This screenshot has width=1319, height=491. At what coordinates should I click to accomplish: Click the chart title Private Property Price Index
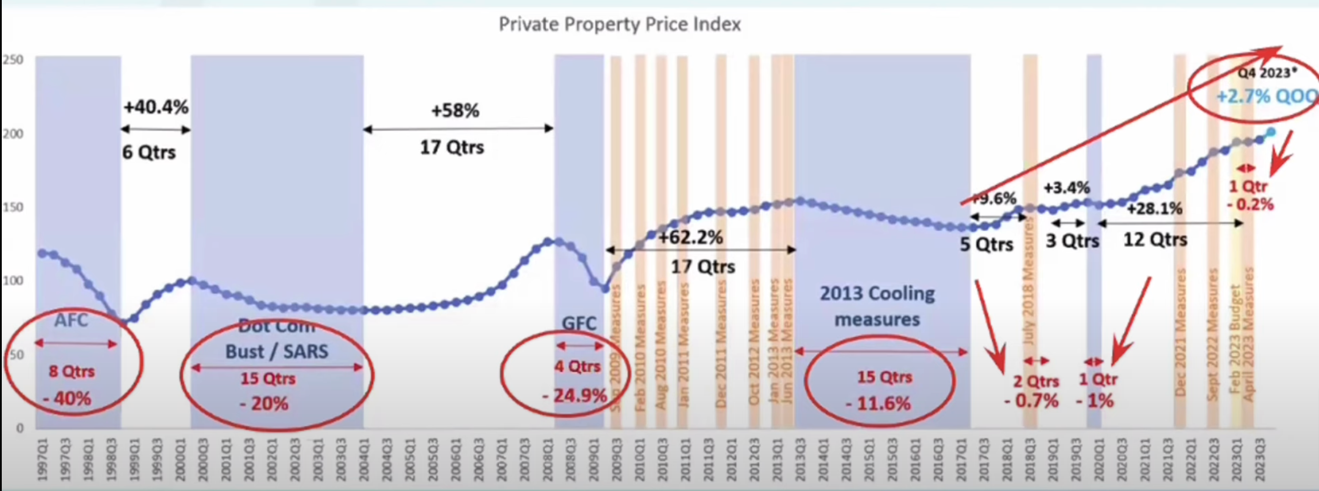pos(620,24)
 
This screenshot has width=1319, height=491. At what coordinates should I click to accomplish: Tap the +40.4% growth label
pos(156,108)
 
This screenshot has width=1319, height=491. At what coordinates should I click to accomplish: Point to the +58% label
pos(455,110)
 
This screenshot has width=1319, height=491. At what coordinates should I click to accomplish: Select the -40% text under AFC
pos(68,398)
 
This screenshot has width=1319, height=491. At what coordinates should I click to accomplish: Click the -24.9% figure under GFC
pos(575,395)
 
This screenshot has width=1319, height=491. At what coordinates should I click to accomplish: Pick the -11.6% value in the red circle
pos(879,403)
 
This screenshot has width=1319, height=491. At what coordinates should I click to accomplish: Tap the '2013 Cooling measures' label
pos(877,306)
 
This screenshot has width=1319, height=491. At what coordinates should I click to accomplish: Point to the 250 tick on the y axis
pos(13,59)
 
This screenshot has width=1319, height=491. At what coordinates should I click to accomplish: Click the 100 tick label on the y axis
pos(13,281)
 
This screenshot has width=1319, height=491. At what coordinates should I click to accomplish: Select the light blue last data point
pos(1271,132)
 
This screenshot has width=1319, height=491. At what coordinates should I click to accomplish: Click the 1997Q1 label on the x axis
pos(43,459)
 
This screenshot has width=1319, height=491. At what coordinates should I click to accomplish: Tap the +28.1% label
pos(1155,209)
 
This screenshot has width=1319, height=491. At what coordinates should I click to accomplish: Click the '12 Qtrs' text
pos(1155,239)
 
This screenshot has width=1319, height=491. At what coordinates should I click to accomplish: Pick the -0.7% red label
pos(1031,400)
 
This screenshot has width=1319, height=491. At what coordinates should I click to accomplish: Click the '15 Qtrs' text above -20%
pos(268,379)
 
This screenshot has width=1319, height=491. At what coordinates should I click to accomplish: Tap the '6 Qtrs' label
pos(149,152)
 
